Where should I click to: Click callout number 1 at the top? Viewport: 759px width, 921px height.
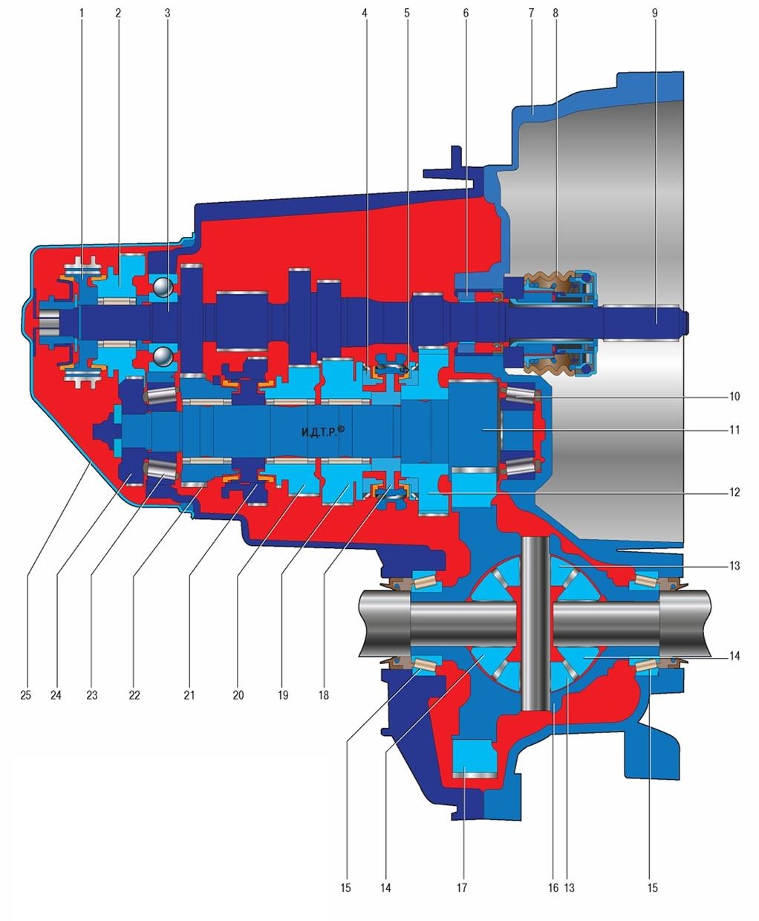pos(81,13)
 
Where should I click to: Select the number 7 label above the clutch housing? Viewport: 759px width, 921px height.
pos(531,13)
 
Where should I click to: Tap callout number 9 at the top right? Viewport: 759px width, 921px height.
pos(654,13)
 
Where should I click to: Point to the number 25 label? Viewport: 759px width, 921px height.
pos(25,696)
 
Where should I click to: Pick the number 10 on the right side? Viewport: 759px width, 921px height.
pos(734,397)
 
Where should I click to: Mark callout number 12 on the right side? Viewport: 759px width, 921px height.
pos(734,492)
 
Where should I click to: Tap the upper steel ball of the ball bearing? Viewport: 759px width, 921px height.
pos(163,287)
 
